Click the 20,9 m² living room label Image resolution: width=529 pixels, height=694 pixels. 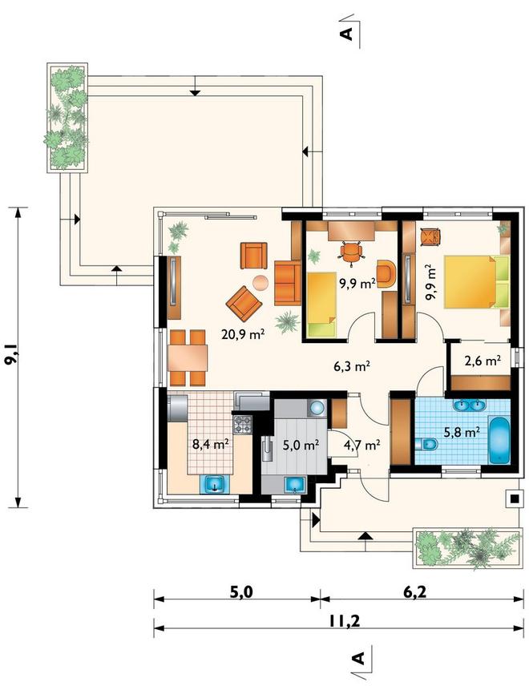pos(243,333)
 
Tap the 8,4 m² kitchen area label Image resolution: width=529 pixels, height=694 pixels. pos(210,443)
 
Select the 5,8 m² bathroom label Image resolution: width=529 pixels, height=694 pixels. pos(462,431)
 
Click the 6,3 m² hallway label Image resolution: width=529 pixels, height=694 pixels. pos(352,366)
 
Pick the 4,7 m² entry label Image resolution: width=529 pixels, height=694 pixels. pos(361,445)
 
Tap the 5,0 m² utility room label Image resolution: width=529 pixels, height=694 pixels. pos(301,445)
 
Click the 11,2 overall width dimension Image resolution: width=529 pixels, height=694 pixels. pos(345,621)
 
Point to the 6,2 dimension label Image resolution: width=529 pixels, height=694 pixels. pos(415,591)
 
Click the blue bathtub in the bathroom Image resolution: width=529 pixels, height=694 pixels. pos(499,440)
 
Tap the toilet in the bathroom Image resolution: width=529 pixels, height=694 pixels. pos(427,443)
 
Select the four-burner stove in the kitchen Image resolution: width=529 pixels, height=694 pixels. pos(242,425)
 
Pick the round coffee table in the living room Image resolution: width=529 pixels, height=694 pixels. pos(260,282)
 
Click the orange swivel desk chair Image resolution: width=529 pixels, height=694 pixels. pos(352,252)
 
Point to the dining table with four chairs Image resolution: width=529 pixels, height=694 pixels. pos(188,357)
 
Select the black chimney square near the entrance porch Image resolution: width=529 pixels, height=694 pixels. pos(514,498)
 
